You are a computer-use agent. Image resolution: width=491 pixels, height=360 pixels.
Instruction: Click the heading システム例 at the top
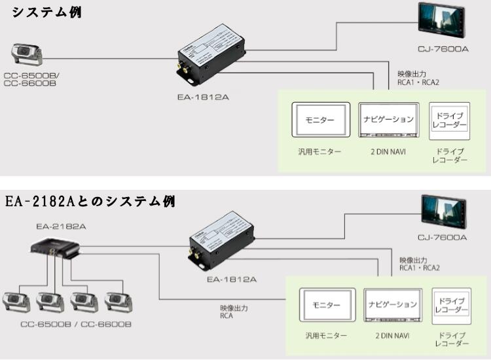48,12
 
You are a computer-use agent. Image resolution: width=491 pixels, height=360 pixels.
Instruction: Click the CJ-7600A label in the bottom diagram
442,238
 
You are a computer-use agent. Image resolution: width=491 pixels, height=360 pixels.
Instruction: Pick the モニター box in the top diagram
320,120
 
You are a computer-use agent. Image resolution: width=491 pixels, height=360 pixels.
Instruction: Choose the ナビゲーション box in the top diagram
388,120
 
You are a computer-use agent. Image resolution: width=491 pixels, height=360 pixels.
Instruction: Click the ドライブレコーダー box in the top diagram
449,120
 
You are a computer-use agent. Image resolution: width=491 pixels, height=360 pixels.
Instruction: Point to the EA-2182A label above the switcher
62,226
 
